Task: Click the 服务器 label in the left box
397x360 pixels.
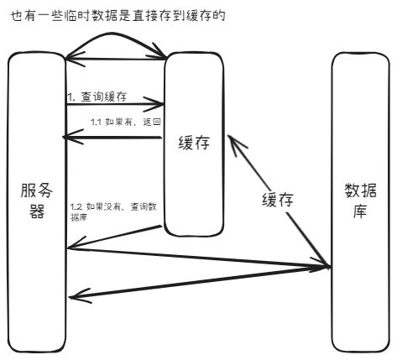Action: pos(37,201)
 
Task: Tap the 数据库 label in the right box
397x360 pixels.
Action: pos(360,201)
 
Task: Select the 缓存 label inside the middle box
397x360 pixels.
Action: pos(194,143)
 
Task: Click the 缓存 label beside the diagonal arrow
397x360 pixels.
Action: pos(278,200)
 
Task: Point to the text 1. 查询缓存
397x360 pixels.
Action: pos(97,97)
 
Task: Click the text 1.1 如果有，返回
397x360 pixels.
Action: pos(126,122)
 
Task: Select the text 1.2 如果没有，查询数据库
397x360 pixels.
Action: pos(113,211)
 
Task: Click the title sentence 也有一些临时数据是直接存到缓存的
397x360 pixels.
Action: pos(118,16)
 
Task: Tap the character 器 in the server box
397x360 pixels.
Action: pos(37,211)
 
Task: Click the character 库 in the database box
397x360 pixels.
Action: pos(360,211)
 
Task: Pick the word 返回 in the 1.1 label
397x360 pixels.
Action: pos(152,122)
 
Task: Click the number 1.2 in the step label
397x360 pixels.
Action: pos(76,207)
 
